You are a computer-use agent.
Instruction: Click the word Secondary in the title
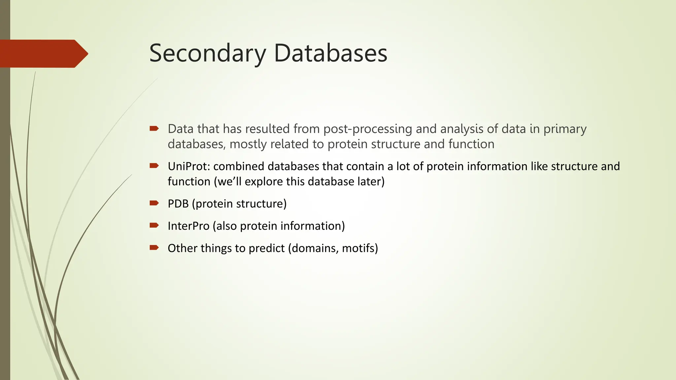click(207, 53)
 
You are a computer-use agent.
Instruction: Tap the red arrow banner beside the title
click(43, 54)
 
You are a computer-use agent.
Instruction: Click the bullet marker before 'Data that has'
click(154, 128)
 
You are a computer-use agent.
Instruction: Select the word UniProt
click(188, 166)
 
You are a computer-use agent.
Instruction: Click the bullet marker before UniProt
click(154, 166)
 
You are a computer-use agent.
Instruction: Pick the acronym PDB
click(178, 204)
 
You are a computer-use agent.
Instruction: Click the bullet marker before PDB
click(154, 203)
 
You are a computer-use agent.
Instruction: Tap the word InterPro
click(188, 226)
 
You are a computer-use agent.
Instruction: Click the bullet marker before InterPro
click(154, 225)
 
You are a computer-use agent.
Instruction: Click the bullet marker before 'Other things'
click(154, 247)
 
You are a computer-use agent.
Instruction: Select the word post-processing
click(367, 129)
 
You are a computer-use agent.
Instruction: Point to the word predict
click(266, 248)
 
